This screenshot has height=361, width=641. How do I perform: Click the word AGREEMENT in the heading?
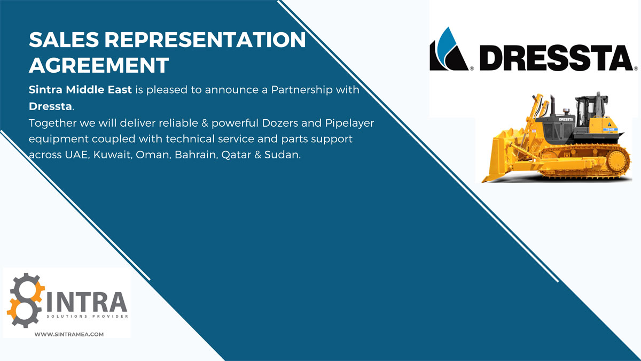click(x=99, y=65)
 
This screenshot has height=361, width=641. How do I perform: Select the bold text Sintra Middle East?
click(x=80, y=90)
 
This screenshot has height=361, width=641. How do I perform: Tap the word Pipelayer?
click(x=349, y=124)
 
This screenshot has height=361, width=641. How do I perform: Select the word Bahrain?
click(x=197, y=155)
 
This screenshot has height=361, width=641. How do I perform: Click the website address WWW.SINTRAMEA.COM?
click(x=69, y=334)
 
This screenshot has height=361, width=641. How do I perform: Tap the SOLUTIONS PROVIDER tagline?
click(x=87, y=316)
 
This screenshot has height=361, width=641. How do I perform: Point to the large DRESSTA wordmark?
click(x=556, y=58)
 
